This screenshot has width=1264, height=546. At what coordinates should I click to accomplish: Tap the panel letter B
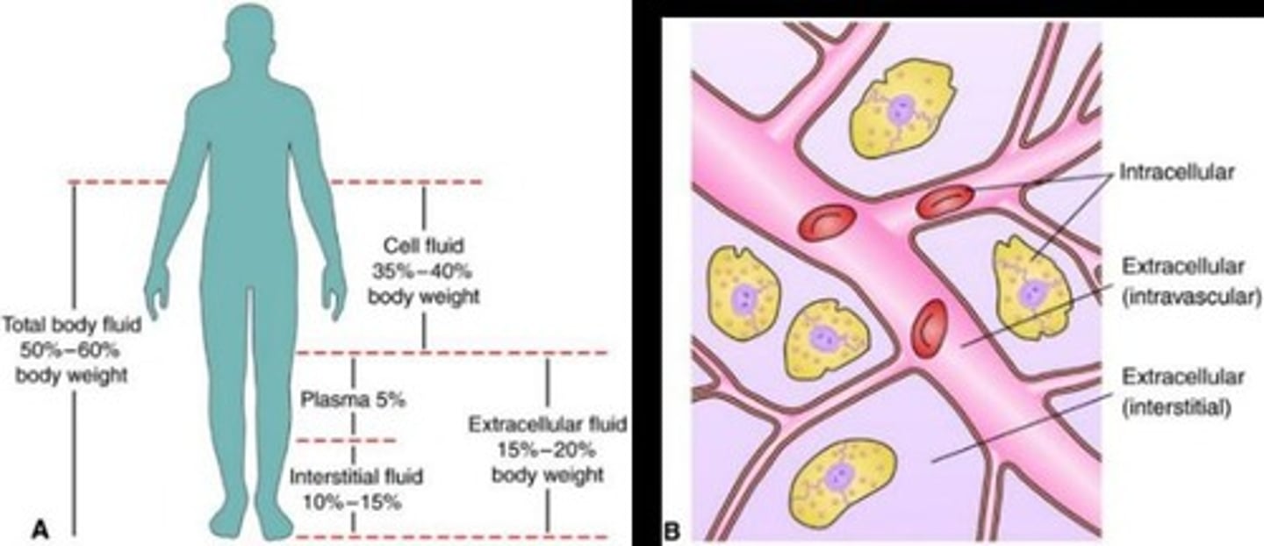pos(671,529)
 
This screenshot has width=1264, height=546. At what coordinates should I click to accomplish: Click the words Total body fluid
pos(72,323)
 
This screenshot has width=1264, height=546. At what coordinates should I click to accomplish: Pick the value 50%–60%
pos(72,349)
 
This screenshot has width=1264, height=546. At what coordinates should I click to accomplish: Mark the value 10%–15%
pos(356,503)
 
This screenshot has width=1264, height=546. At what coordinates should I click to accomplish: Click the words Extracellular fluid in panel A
pos(548,425)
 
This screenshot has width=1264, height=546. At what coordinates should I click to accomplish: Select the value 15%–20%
pos(548,450)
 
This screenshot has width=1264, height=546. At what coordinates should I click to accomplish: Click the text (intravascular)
pos(1190,298)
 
